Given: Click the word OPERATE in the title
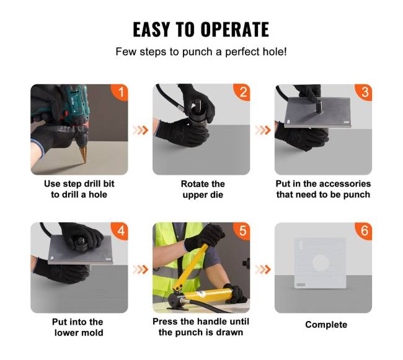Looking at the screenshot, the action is tap(234, 30).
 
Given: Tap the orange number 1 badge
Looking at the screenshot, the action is tap(120, 92).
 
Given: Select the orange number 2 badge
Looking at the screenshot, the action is tap(242, 92).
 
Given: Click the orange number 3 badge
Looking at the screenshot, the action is tap(364, 92).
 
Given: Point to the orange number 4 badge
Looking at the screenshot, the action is tap(120, 230).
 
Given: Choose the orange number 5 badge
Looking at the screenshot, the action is tap(242, 230).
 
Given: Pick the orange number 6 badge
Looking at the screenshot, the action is tap(364, 230).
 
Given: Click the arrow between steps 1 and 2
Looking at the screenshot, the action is tap(140, 130).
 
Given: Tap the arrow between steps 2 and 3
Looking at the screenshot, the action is tap(263, 130).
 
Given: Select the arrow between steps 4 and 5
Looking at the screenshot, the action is tap(140, 270).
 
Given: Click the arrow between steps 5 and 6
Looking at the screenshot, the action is tap(263, 270).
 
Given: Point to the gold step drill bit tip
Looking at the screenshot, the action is tap(85, 163).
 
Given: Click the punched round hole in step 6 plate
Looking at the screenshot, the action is tap(321, 263).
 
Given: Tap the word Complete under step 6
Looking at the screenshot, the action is tap(326, 325).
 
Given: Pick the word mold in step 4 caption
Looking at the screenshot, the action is tap(93, 333).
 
